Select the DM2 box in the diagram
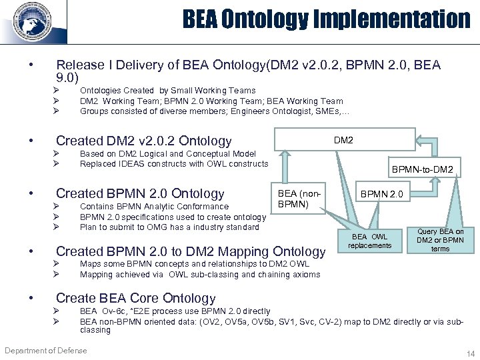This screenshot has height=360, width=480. [343, 140]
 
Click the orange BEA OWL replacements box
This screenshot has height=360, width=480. [369, 241]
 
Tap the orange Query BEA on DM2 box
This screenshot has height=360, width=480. [440, 240]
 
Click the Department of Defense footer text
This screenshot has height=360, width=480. [48, 349]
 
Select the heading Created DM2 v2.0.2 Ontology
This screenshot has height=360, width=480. [143, 141]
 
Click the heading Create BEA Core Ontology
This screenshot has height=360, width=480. [135, 298]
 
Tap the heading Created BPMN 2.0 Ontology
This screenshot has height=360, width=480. [140, 193]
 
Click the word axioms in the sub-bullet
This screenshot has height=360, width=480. [306, 274]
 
